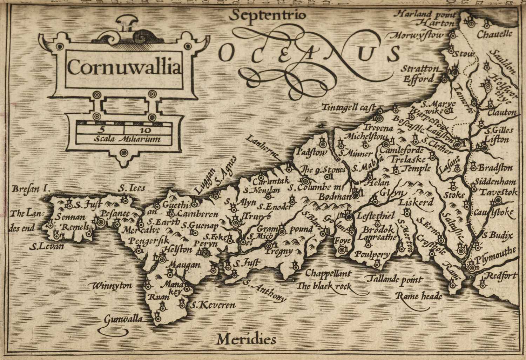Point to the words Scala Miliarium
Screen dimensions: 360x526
127,139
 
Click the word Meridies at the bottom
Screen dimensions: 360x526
246,339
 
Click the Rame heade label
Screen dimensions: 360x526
419,296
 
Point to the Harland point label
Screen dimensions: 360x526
426,14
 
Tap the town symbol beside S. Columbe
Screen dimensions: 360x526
305,181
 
